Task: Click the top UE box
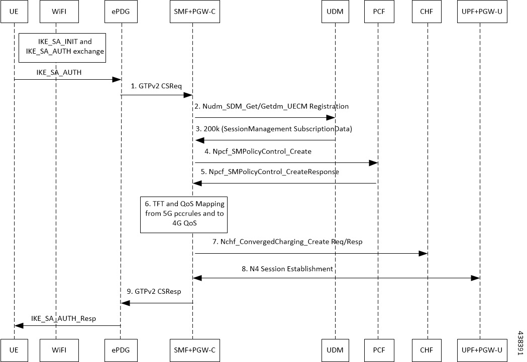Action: click(x=14, y=12)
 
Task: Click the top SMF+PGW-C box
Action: click(x=192, y=12)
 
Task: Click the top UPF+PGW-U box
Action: click(x=480, y=12)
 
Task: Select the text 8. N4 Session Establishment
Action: click(x=288, y=269)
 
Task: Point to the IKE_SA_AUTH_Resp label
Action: click(x=63, y=317)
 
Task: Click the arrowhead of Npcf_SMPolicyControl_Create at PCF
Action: click(x=374, y=162)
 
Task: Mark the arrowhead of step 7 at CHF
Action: click(x=424, y=253)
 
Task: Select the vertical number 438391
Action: click(x=521, y=342)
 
